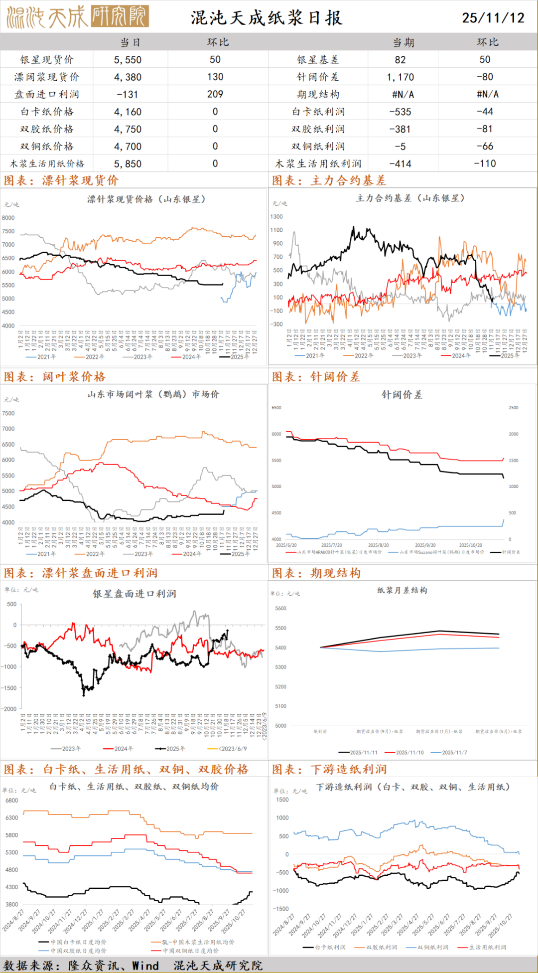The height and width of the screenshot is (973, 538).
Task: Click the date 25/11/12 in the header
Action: (x=493, y=18)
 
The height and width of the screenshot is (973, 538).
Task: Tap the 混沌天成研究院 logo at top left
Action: (x=78, y=17)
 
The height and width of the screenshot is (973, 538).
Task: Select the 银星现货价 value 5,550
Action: (x=128, y=60)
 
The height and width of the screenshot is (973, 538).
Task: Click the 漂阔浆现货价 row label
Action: (x=46, y=77)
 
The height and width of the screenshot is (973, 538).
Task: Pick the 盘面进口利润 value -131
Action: (x=128, y=94)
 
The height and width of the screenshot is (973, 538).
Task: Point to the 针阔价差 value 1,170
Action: (x=400, y=77)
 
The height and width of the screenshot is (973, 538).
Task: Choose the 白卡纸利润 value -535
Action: (x=400, y=112)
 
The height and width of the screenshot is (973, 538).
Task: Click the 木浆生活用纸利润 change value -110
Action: (x=485, y=163)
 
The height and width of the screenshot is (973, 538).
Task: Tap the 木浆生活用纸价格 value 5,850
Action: (x=128, y=163)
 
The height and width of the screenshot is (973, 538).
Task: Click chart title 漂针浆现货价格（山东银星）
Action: (x=146, y=199)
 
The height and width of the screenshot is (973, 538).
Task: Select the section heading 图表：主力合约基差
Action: (x=329, y=180)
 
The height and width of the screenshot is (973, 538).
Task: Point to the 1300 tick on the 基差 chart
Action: (x=276, y=217)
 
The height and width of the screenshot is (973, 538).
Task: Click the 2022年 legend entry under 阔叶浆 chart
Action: (x=95, y=554)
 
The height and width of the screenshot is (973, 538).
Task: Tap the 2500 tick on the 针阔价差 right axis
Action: (x=513, y=408)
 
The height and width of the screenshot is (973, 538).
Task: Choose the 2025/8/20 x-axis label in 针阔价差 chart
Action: (x=378, y=545)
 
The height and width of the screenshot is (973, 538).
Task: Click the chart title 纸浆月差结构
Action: (x=402, y=590)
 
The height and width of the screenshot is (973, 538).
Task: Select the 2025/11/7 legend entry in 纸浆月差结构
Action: (x=454, y=753)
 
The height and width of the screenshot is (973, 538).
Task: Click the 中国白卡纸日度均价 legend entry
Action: (x=78, y=942)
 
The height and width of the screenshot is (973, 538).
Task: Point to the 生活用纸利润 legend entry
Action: (x=487, y=947)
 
